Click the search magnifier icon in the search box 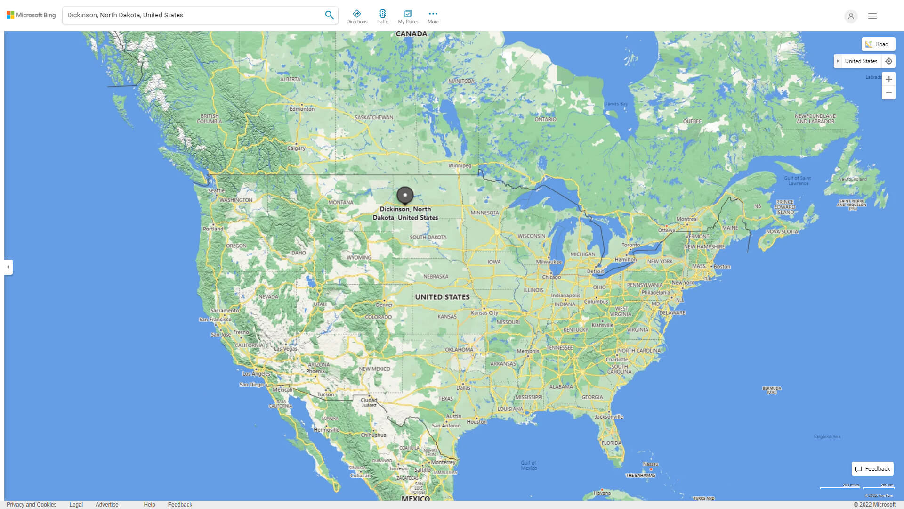[329, 15]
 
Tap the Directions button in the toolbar [356, 16]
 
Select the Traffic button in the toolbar [382, 16]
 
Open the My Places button [408, 16]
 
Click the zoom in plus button [888, 79]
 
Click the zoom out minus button [888, 93]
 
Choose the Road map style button [878, 44]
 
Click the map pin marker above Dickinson [405, 195]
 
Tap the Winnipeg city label [460, 165]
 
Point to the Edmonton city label [302, 109]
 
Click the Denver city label [384, 304]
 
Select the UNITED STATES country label [442, 297]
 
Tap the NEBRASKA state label [436, 277]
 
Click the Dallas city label [463, 388]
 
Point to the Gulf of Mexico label [529, 465]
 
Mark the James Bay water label [616, 104]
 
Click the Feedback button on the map [872, 469]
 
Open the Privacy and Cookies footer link [31, 505]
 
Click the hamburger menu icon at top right [872, 16]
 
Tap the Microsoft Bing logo [31, 15]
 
